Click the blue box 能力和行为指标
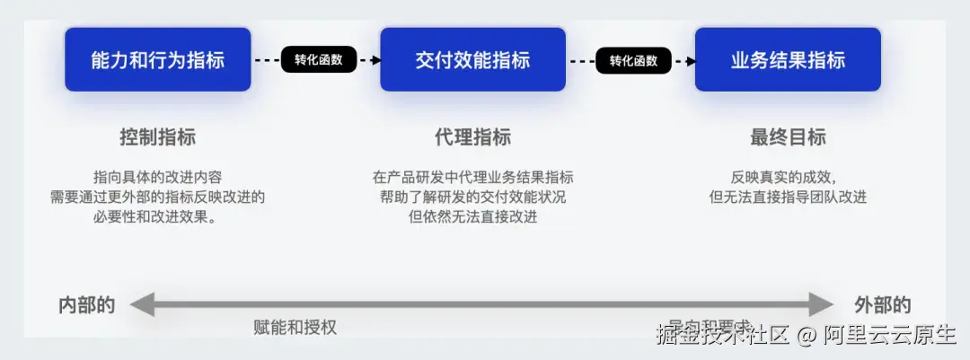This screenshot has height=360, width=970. pos(157,60)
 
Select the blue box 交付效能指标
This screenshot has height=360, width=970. pos(472,60)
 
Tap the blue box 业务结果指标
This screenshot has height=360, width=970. pos(788,60)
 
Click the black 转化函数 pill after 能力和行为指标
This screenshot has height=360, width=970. pos(319,60)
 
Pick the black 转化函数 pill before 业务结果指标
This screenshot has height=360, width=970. pos(633,60)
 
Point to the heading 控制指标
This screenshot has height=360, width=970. pos(157,137)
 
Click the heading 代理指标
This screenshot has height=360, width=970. pos(472,137)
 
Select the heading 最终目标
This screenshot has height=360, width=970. pos(788,137)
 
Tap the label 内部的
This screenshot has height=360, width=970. pos(86,304)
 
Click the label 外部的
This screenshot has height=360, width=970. pos(882,304)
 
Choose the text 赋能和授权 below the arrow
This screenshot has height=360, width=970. pos(295,328)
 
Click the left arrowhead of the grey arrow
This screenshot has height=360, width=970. pos(142,304)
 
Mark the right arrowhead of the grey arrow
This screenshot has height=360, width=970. pos(822,304)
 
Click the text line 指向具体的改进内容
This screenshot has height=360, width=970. pos(157,177)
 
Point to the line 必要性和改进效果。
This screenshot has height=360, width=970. pos(157,216)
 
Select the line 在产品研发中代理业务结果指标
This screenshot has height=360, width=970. pos(472,177)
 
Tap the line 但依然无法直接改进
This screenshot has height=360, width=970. pos(472,216)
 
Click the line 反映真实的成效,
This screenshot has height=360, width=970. pos(788,177)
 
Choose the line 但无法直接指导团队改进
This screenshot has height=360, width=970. pos(788,197)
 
